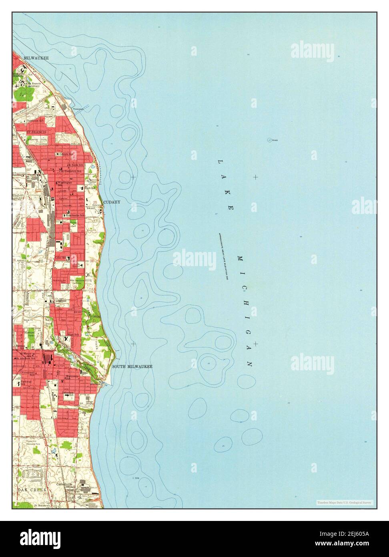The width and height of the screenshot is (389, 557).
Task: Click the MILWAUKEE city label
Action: [x=36, y=58]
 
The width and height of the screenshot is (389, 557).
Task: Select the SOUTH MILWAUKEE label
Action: [x=132, y=366]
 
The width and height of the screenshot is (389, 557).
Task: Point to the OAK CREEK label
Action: [x=32, y=490]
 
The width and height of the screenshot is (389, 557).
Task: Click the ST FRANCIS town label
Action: [x=36, y=132]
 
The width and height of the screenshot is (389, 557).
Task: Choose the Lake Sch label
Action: [x=62, y=258]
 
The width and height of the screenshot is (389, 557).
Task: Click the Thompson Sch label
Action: [x=35, y=120]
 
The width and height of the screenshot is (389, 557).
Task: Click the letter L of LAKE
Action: [x=219, y=162]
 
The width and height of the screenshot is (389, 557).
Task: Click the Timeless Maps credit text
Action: [x=345, y=503]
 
